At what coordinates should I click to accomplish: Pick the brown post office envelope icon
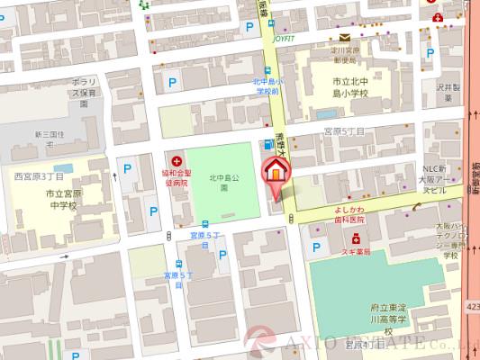[x=344, y=37]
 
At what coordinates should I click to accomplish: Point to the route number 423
[x=471, y=308]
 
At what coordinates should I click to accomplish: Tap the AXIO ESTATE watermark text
[x=378, y=343]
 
